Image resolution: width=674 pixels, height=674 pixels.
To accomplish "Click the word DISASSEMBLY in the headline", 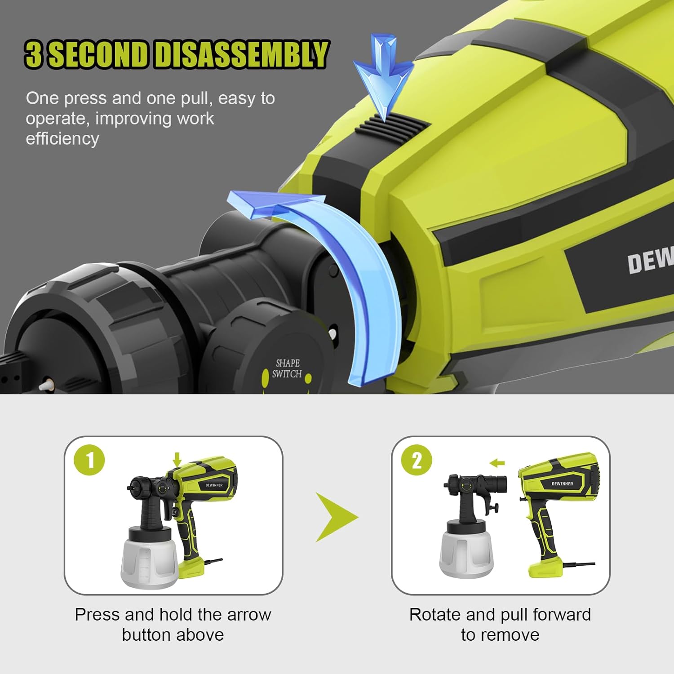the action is coord(242,54).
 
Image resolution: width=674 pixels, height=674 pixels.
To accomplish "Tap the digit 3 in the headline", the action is coord(34,54).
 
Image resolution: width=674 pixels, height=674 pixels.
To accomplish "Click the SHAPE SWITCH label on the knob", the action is coord(287,368).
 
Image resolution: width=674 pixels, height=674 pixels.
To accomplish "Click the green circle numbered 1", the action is coord(90,460).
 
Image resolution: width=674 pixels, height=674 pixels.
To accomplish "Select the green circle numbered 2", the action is coord(417,460).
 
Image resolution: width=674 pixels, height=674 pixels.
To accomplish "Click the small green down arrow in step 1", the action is coord(177,459).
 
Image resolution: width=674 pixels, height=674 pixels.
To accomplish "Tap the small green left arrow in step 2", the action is coord(497,463).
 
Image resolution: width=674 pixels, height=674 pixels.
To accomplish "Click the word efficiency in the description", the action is coord(62,139).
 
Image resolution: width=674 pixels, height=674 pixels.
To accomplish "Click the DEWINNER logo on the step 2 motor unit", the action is coord(562,484).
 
